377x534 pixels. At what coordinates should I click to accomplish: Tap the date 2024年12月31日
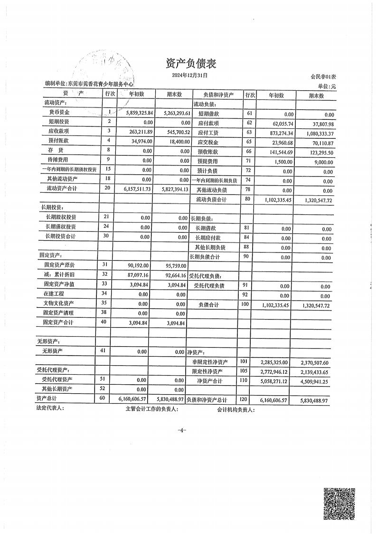[189, 75]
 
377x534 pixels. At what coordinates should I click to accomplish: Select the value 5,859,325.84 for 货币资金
[140, 113]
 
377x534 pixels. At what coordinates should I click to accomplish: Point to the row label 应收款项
[59, 131]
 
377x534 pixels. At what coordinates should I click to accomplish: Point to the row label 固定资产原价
[59, 265]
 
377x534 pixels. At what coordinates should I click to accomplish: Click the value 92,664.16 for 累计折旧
[172, 275]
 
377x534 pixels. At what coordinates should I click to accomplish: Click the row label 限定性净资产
[207, 371]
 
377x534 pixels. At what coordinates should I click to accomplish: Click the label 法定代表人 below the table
[50, 408]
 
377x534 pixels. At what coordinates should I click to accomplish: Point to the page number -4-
[182, 430]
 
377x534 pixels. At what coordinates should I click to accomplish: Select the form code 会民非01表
[323, 77]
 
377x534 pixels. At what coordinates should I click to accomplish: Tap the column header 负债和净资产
[218, 95]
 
